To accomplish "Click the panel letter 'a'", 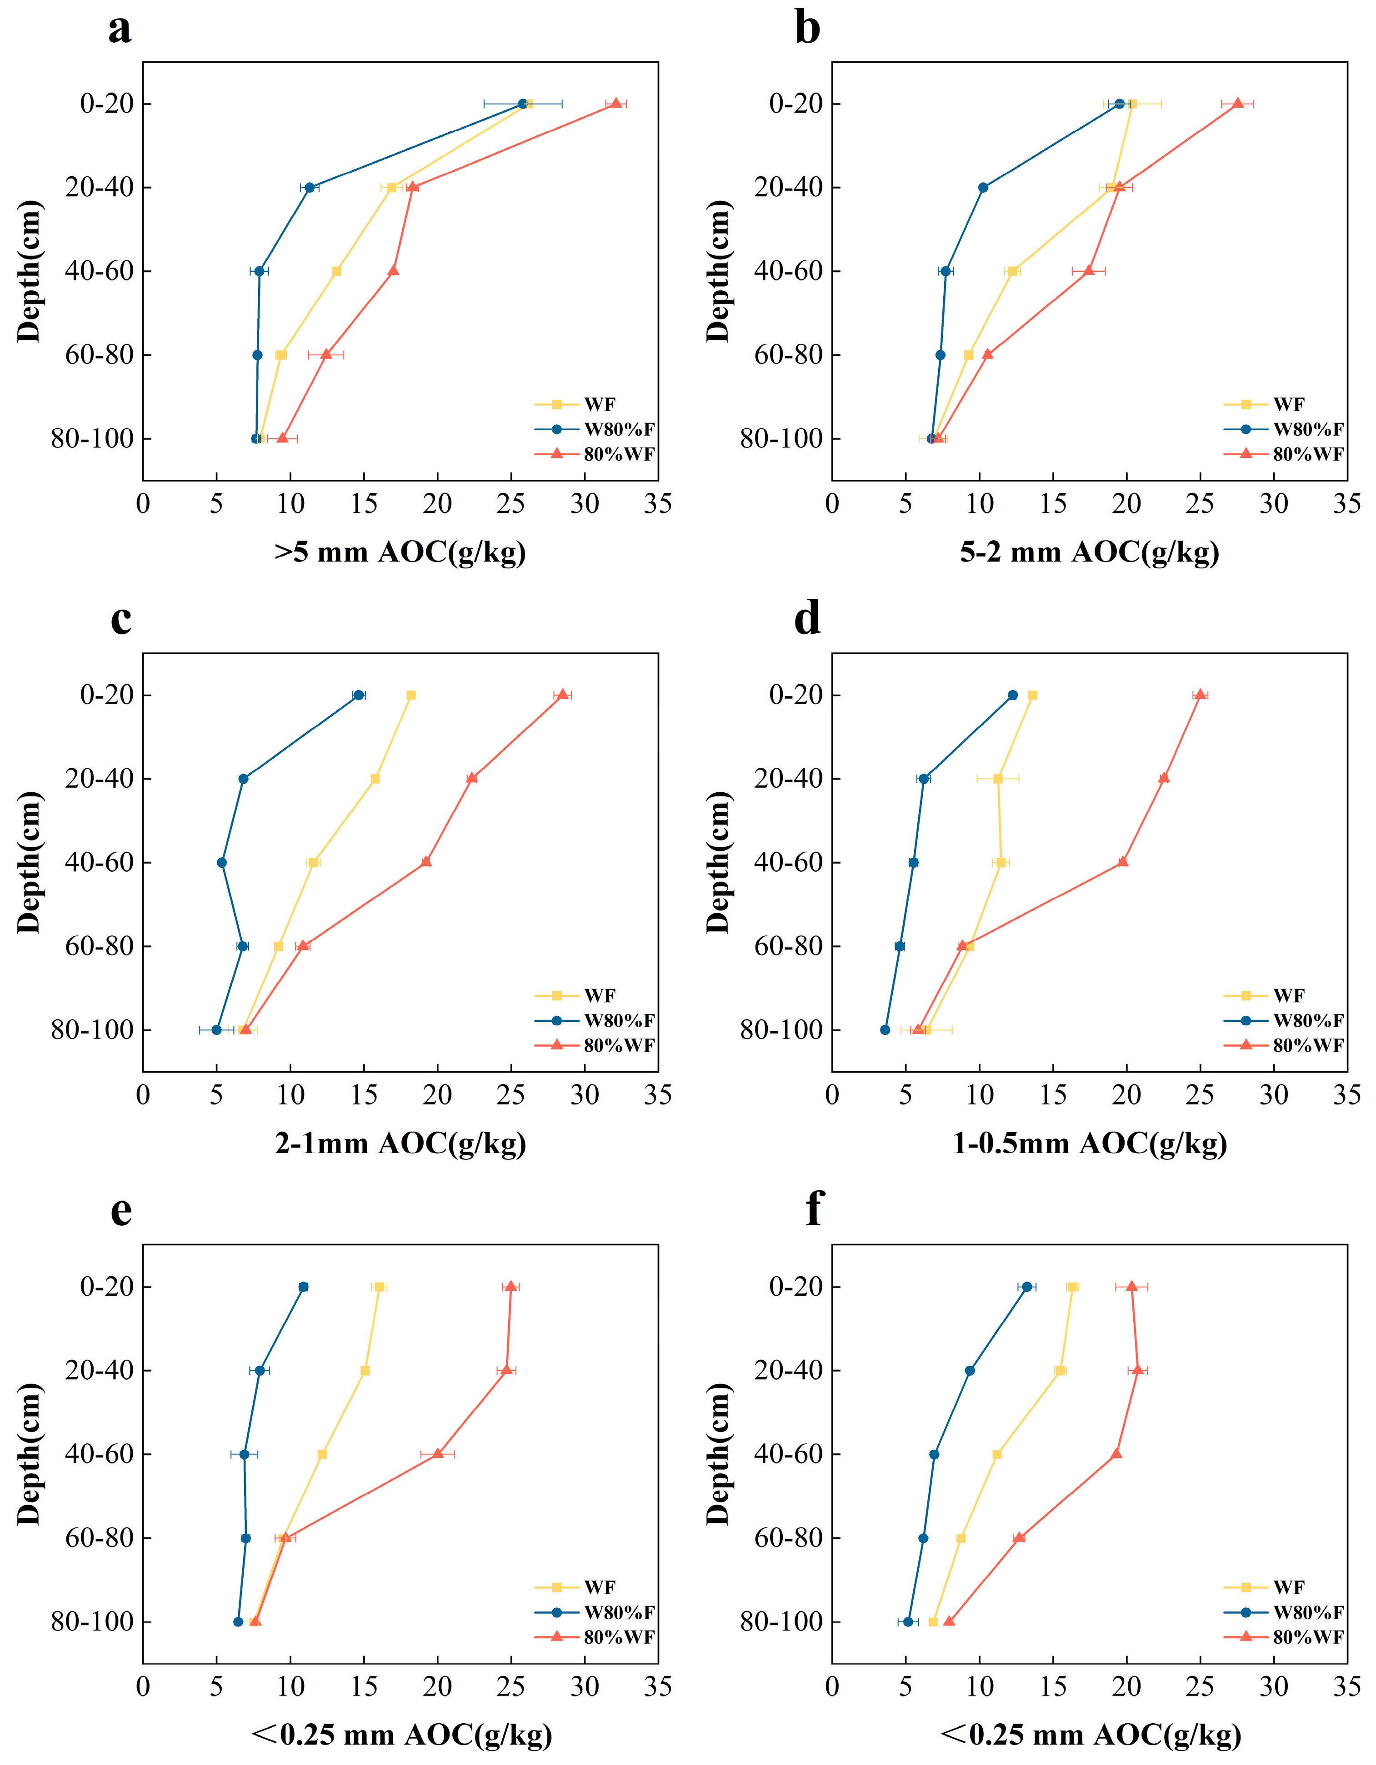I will [x=120, y=30].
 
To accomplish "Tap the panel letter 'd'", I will [x=807, y=620].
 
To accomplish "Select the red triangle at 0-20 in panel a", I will [x=616, y=104].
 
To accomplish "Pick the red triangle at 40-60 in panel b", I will [x=1088, y=270].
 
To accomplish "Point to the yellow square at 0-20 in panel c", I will [x=410, y=695].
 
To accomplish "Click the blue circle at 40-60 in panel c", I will [x=221, y=862].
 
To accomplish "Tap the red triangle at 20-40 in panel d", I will [x=1163, y=778].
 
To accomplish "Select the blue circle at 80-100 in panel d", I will [x=885, y=1029].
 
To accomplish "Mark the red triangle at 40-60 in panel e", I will [x=437, y=1454].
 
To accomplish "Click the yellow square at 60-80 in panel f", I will [x=961, y=1538].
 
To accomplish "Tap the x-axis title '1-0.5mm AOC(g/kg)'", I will [x=1089, y=1144].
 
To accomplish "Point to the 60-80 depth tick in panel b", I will [x=787, y=355].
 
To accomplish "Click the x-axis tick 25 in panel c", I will [x=511, y=1096].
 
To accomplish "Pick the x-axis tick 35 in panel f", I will [x=1347, y=1687].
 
